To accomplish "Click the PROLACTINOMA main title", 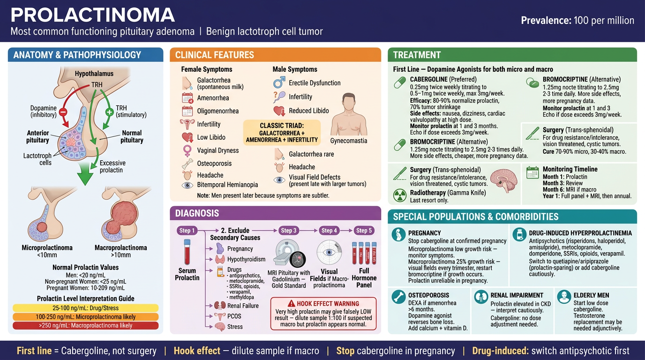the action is pyautogui.click(x=93, y=15).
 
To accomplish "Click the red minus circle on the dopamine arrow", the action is pyautogui.click(x=63, y=112).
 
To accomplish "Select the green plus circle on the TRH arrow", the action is pyautogui.click(x=109, y=112).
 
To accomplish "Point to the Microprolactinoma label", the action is pyautogui.click(x=47, y=247).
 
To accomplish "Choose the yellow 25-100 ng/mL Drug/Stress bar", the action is pyautogui.click(x=85, y=308).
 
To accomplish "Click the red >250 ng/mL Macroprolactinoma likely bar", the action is pyautogui.click(x=85, y=325).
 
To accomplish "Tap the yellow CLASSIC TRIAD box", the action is pyautogui.click(x=282, y=133).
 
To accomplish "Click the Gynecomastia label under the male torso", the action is pyautogui.click(x=349, y=141).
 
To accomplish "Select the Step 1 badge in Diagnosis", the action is pyautogui.click(x=187, y=231).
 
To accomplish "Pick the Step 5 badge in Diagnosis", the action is pyautogui.click(x=364, y=231).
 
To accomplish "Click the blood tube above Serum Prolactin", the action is pyautogui.click(x=187, y=252).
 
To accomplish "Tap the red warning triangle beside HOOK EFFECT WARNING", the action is pyautogui.click(x=292, y=304).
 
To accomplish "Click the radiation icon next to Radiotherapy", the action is pyautogui.click(x=400, y=195).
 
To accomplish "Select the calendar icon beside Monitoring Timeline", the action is pyautogui.click(x=532, y=172).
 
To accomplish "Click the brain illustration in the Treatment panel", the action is pyautogui.click(x=503, y=180).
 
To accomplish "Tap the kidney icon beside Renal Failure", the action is pyautogui.click(x=220, y=306).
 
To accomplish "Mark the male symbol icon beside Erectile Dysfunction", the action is pyautogui.click(x=279, y=82).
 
